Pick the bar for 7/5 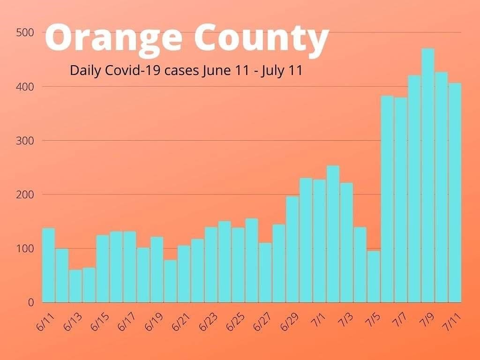(x=374, y=277)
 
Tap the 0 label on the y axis (x=31, y=302)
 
